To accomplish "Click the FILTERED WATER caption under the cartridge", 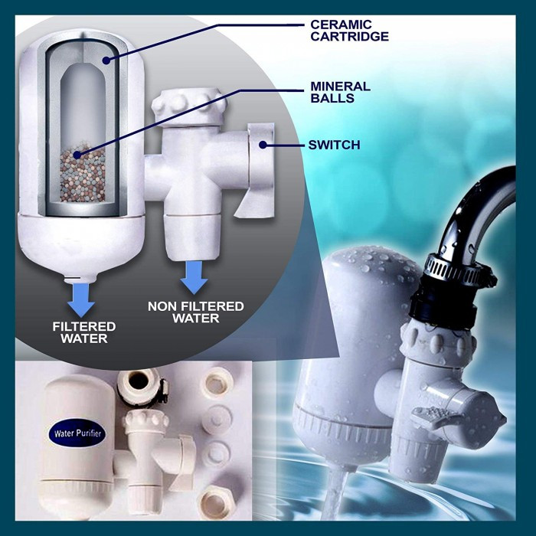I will pyautogui.click(x=80, y=332).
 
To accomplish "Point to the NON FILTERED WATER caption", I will pyautogui.click(x=195, y=312).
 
